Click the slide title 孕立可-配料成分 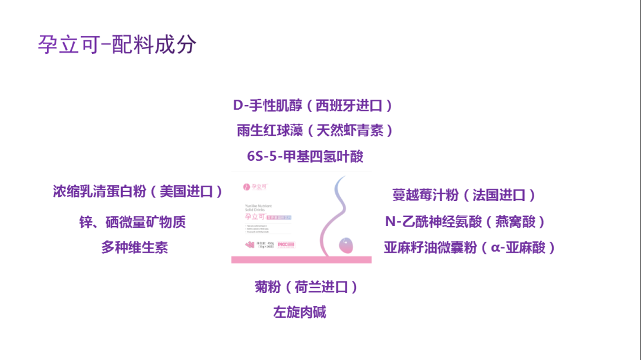click(117, 45)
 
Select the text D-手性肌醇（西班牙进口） click(313, 106)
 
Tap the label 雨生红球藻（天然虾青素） click(315, 130)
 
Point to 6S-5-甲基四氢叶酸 click(305, 157)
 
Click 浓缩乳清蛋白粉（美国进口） click(138, 192)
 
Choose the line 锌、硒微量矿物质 click(132, 222)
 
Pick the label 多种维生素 click(134, 247)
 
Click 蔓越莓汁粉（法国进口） click(464, 195)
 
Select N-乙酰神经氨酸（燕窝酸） click(465, 222)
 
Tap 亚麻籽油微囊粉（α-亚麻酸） click(469, 247)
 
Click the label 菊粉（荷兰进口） click(306, 287)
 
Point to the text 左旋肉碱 click(300, 313)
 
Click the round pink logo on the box click(245, 187)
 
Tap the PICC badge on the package click(285, 244)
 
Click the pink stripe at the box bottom click(301, 260)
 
